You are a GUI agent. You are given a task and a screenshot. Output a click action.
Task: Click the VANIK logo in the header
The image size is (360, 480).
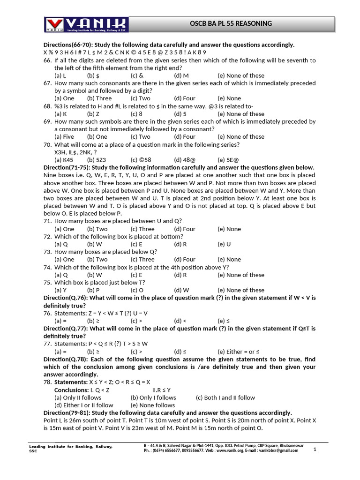point(86,24)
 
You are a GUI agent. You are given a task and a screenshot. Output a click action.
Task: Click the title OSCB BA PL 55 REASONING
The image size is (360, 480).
point(231,23)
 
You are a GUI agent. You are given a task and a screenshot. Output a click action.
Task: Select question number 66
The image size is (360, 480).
point(47,60)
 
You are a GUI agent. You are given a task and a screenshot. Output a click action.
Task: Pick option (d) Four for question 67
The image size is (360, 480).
point(185,98)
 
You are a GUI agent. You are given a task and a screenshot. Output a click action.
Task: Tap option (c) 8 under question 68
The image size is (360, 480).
point(136,114)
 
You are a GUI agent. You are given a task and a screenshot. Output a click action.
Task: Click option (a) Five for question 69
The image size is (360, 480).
point(64,137)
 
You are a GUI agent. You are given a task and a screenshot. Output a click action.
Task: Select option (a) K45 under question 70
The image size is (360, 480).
point(64,160)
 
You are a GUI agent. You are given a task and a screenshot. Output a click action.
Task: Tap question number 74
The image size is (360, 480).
point(47,267)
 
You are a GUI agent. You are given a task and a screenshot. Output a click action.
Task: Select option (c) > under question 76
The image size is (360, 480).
point(136,321)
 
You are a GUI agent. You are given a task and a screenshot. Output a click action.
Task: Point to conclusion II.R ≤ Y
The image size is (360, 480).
point(162,390)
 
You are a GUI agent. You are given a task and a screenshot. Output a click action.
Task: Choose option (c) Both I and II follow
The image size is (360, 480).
point(225,397)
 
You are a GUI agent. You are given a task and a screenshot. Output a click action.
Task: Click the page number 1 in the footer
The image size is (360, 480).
point(315,449)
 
